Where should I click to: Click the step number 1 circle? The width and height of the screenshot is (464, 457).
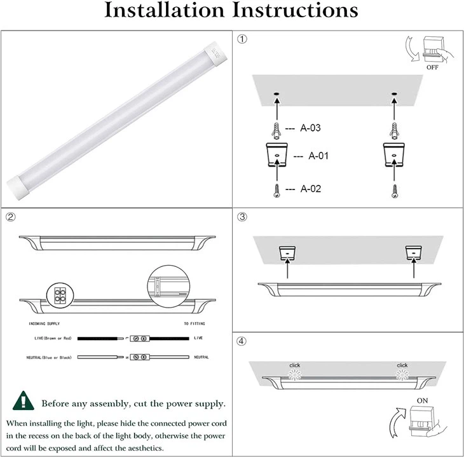pos(242,39)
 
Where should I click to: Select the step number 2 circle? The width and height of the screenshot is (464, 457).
pos(11,217)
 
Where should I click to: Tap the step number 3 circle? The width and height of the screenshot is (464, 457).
pos(242,217)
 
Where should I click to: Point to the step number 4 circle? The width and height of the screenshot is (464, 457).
pos(242,341)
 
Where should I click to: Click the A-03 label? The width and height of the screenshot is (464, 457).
pos(310,128)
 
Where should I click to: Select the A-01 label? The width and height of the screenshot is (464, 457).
pos(318,156)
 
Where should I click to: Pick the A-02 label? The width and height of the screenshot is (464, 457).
pos(310,189)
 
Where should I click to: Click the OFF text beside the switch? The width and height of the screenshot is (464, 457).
pos(432,67)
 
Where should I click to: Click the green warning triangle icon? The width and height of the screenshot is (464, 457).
pos(24,402)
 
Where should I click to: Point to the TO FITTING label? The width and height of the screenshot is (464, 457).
pos(195,324)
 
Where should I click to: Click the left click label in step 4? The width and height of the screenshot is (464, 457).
pos(294,365)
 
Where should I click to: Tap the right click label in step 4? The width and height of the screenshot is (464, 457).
pos(402,365)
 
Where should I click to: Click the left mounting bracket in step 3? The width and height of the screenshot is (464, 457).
pos(287,253)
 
